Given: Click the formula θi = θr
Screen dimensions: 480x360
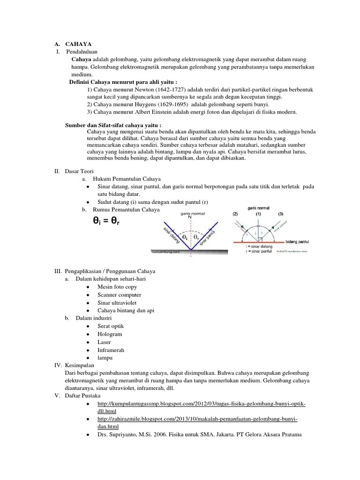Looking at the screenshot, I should pyautogui.click(x=112, y=221).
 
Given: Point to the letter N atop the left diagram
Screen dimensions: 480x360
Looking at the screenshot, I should pyautogui.click(x=190, y=217).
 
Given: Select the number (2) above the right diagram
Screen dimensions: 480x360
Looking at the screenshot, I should pyautogui.click(x=236, y=214).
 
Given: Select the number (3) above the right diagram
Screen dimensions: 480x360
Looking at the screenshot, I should pyautogui.click(x=281, y=214).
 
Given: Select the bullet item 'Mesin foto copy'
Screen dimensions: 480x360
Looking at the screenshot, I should pyautogui.click(x=117, y=286).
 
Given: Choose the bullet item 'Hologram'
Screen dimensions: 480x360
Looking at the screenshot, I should pyautogui.click(x=110, y=334).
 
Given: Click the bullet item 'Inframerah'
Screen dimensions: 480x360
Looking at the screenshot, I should pyautogui.click(x=111, y=350).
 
